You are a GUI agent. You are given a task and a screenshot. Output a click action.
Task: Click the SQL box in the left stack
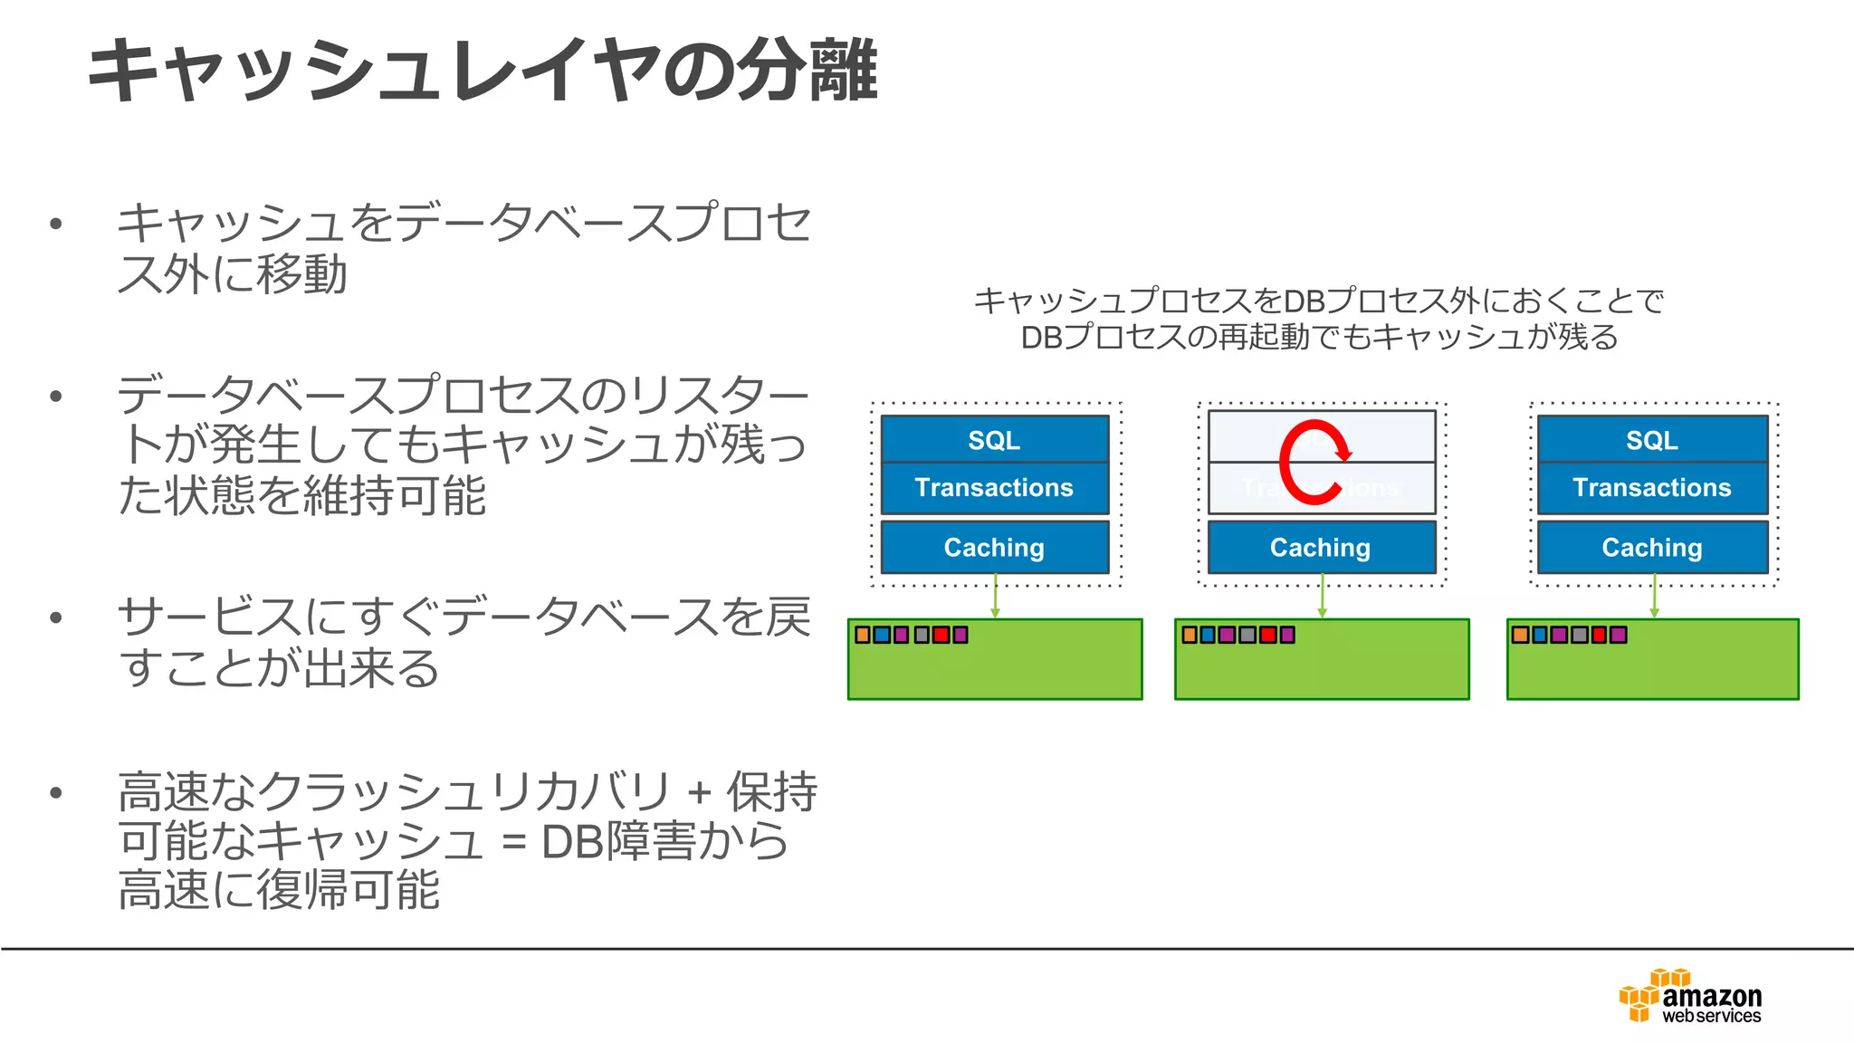coord(994,440)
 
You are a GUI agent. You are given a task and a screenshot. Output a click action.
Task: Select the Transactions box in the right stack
coord(1652,488)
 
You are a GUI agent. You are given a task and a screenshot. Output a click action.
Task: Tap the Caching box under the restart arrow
coord(1321,548)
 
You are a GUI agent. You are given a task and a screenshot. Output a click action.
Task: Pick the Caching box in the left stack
coord(994,548)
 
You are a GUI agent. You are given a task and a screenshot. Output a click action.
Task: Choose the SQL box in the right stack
coord(1652,440)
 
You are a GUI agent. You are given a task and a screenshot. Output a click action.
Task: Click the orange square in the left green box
coord(863,635)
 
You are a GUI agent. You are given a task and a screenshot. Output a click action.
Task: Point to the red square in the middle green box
coord(1267,635)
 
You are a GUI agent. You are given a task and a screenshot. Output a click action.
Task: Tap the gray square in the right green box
coord(1580,635)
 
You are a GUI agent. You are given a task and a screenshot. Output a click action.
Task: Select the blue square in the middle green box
coord(1208,635)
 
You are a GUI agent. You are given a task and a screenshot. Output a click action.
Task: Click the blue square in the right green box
coord(1540,635)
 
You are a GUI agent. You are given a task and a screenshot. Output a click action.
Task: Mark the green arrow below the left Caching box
coord(995,598)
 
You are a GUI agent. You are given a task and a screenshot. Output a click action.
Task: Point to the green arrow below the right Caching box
coord(1654,598)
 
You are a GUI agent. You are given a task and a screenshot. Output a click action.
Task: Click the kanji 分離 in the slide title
coord(806,71)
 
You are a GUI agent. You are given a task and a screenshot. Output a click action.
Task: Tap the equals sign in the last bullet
coord(513,842)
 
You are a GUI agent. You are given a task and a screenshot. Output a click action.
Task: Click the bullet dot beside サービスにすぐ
coord(56,618)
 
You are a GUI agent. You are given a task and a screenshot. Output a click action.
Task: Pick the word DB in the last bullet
coord(572,842)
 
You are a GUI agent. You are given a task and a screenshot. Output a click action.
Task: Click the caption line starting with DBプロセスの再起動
coord(1319,337)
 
